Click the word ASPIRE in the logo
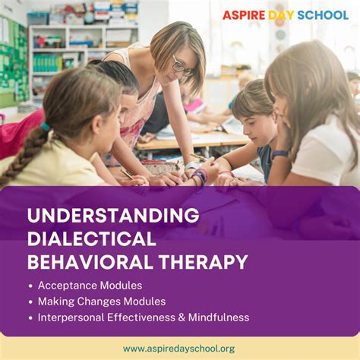(x=244, y=15)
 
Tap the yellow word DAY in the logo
(x=281, y=15)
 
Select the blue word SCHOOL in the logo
(x=323, y=15)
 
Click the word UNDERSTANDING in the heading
(x=113, y=216)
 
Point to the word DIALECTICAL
(x=92, y=238)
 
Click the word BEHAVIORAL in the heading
(x=90, y=262)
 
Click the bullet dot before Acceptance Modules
(x=30, y=286)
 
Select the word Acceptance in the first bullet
(x=68, y=286)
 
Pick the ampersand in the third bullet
(x=182, y=317)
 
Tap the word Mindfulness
(x=219, y=317)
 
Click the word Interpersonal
(x=71, y=318)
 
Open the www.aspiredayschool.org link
(x=179, y=349)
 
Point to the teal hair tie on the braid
(x=46, y=126)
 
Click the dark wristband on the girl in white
(x=280, y=154)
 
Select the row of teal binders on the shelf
(x=47, y=63)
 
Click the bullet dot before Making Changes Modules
(x=30, y=302)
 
